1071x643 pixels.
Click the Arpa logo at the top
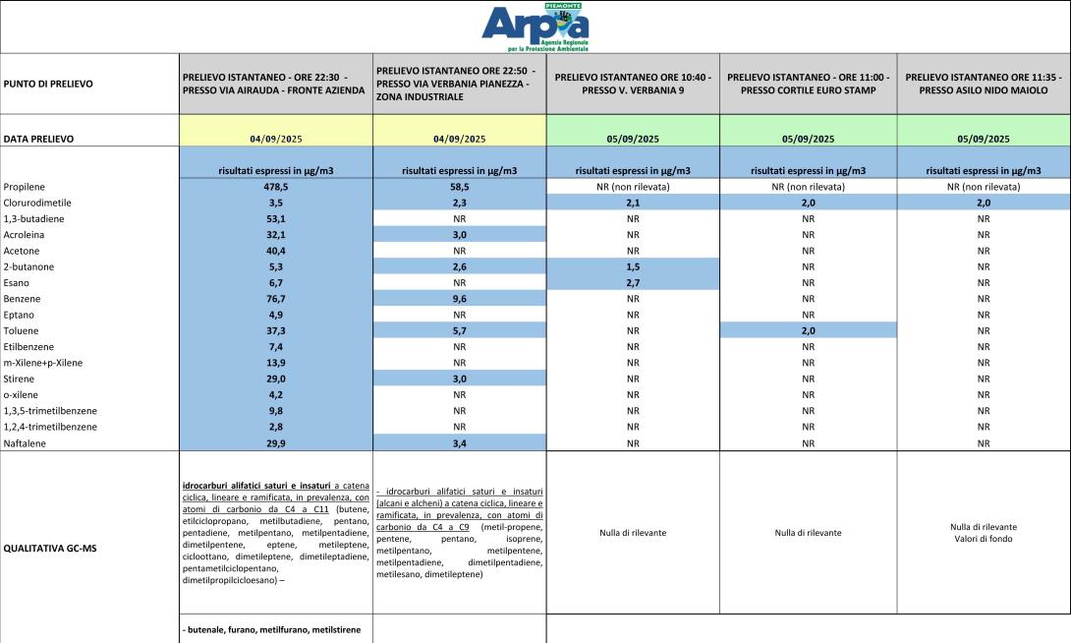(535, 28)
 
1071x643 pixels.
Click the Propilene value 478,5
(276, 186)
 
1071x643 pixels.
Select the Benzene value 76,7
(276, 299)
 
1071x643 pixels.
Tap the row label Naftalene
(27, 443)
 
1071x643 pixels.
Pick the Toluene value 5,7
(459, 331)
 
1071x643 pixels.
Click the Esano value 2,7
(634, 283)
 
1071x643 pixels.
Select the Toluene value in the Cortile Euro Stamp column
(808, 331)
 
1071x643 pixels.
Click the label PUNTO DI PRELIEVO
(48, 84)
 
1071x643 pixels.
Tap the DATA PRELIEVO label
(39, 140)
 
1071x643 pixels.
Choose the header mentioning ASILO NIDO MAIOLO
(984, 84)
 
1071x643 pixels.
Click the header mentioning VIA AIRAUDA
(273, 84)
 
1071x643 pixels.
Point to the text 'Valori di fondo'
(984, 539)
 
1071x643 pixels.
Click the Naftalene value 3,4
(459, 443)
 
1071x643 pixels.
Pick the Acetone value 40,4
(276, 251)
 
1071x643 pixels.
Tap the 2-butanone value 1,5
(634, 266)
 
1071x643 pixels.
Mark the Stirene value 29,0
(276, 380)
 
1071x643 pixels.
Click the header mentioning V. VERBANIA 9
(633, 84)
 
